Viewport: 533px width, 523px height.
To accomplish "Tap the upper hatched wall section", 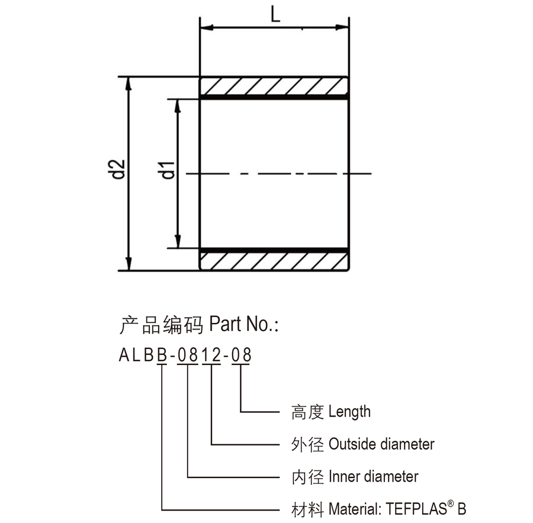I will [274, 86].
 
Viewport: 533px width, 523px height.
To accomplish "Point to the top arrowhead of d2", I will [128, 82].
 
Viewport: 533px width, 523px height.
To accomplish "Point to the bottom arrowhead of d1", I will [178, 243].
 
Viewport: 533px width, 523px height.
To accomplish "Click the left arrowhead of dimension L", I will [206, 27].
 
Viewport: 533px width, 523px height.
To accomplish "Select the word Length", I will [349, 411].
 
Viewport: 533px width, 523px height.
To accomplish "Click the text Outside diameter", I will [381, 444].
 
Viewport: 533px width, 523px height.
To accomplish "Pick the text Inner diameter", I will [373, 476].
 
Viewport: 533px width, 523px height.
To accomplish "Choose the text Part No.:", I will [244, 324].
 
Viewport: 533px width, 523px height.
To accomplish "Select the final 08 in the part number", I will [241, 356].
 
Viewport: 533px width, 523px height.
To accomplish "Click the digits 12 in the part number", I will [211, 356].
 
